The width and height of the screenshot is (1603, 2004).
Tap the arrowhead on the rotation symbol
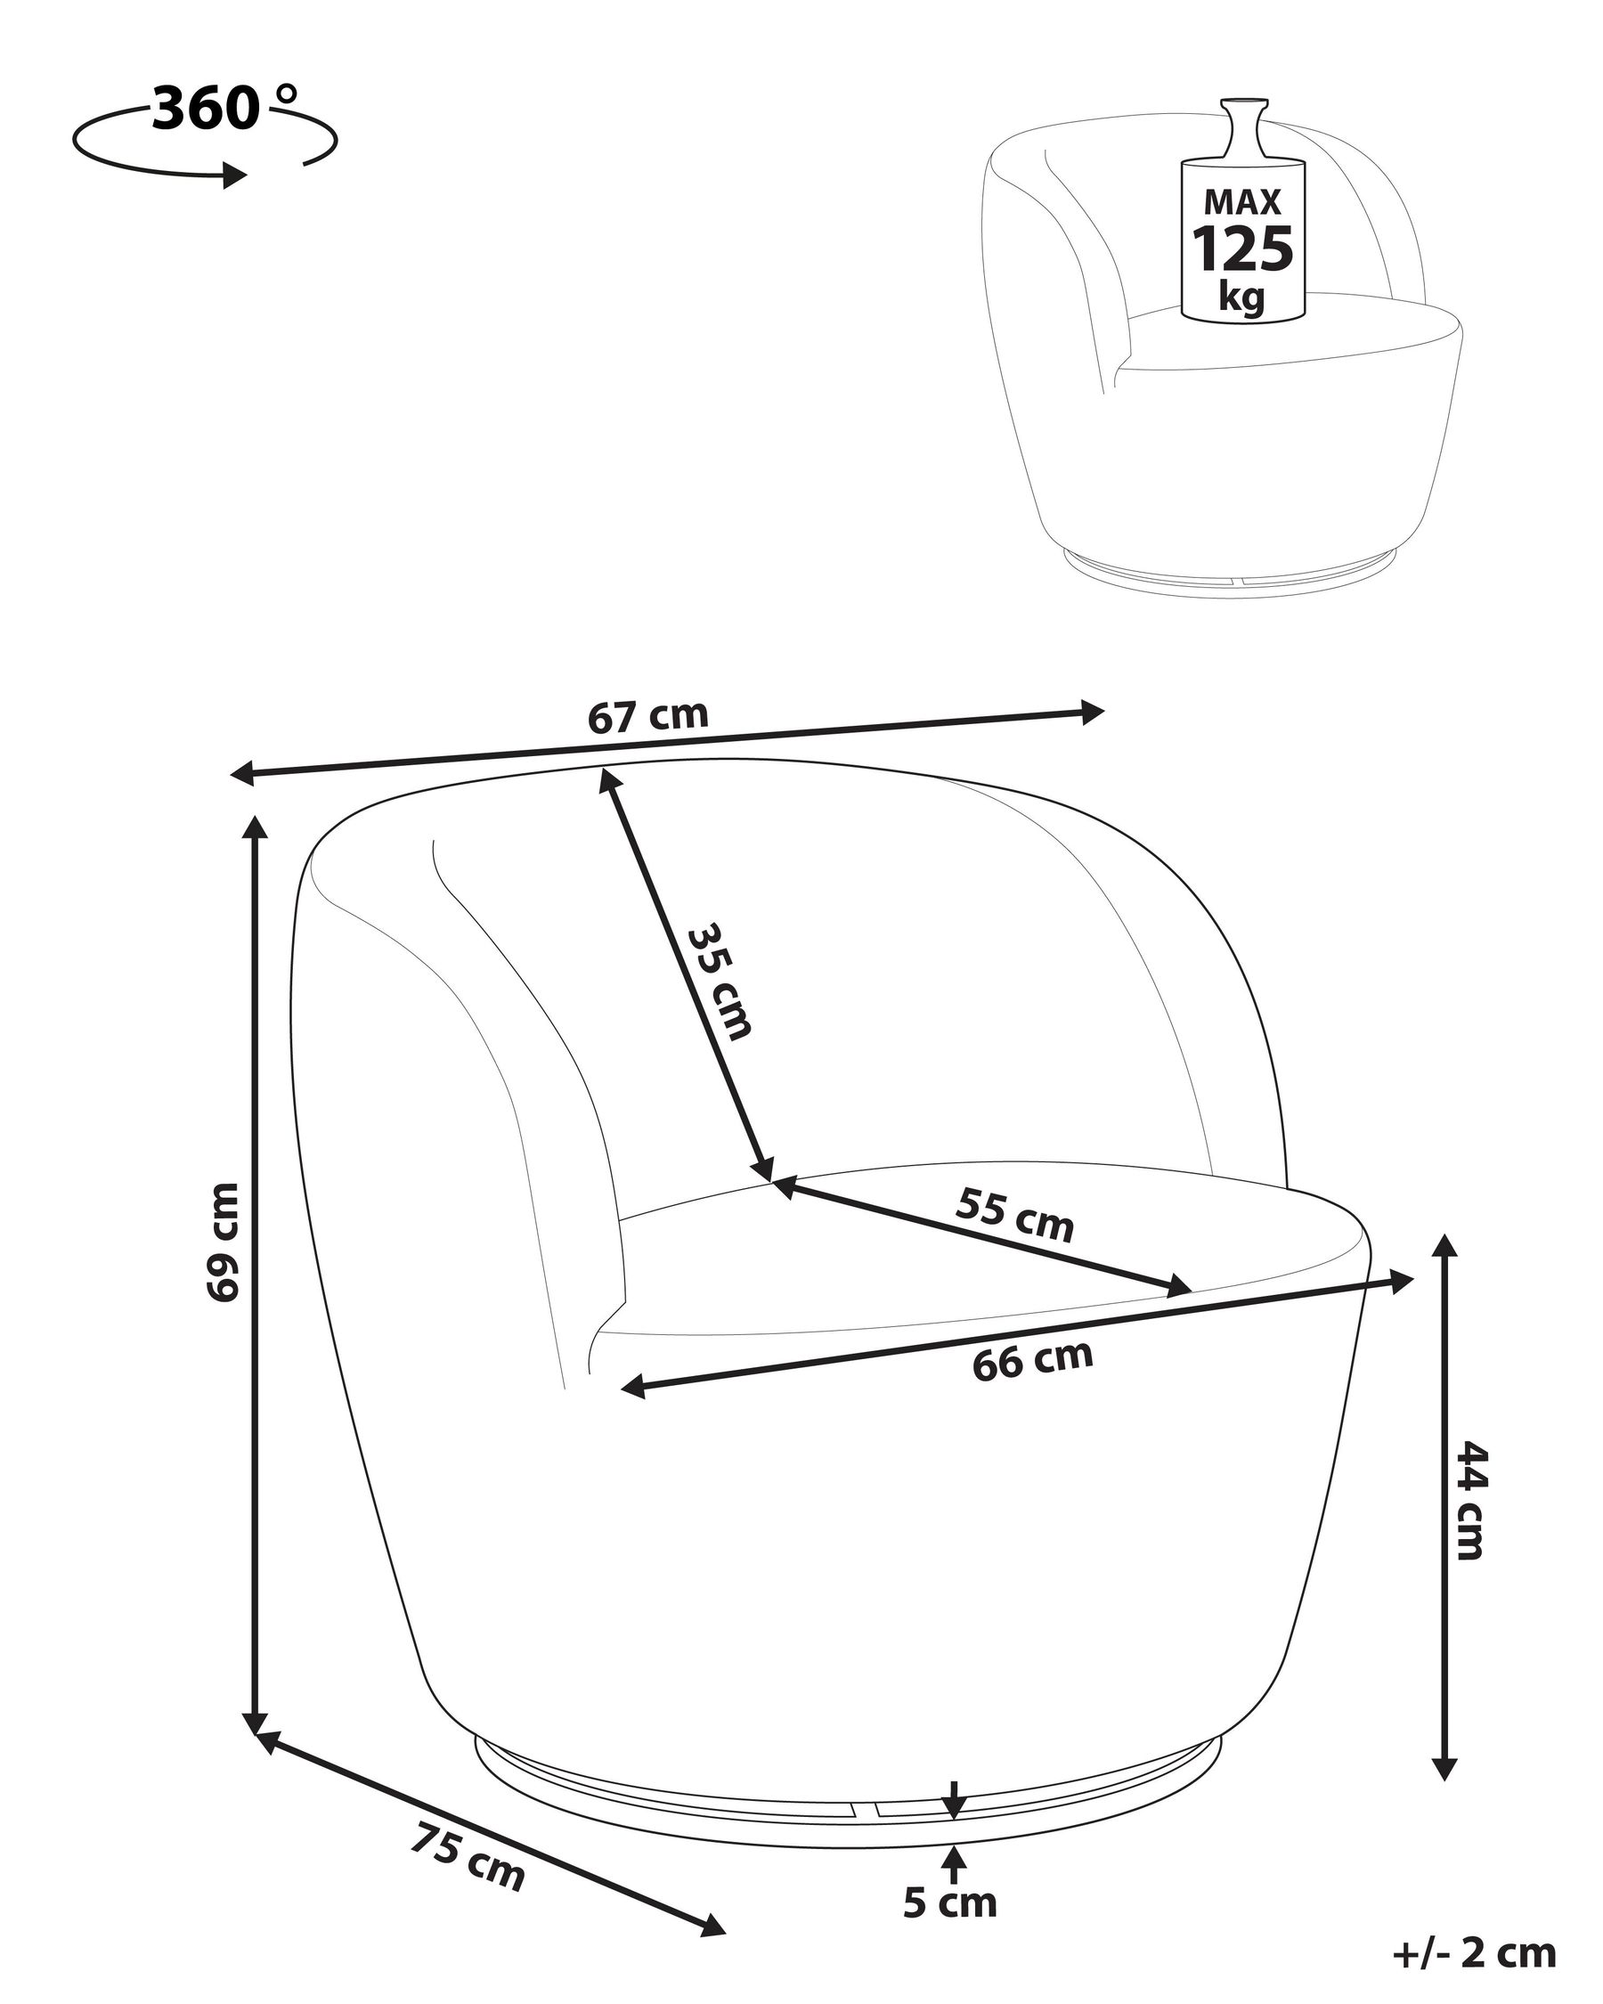click(x=236, y=175)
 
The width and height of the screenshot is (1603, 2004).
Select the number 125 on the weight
click(x=1242, y=248)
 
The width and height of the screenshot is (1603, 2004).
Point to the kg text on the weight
click(x=1242, y=297)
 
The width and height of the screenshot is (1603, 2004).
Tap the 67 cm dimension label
click(x=648, y=716)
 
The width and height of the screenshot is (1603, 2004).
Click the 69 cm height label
click(x=224, y=1242)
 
